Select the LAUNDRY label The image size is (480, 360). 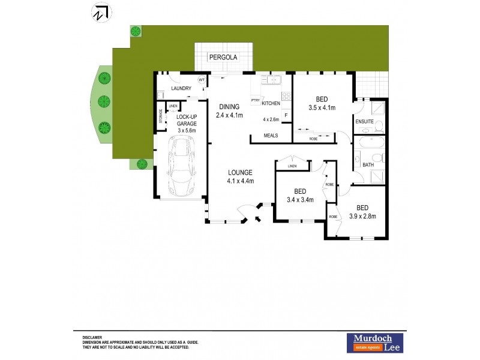pos(181,89)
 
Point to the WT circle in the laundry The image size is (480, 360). pos(202,80)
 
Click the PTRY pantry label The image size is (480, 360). pos(255,100)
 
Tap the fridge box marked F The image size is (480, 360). pos(286,115)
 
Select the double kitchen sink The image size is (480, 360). pos(271,79)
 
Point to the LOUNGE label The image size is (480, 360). pos(240,173)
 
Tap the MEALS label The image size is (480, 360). pos(271,136)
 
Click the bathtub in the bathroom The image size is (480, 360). pos(367,143)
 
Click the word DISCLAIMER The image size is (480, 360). pos(93,338)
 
